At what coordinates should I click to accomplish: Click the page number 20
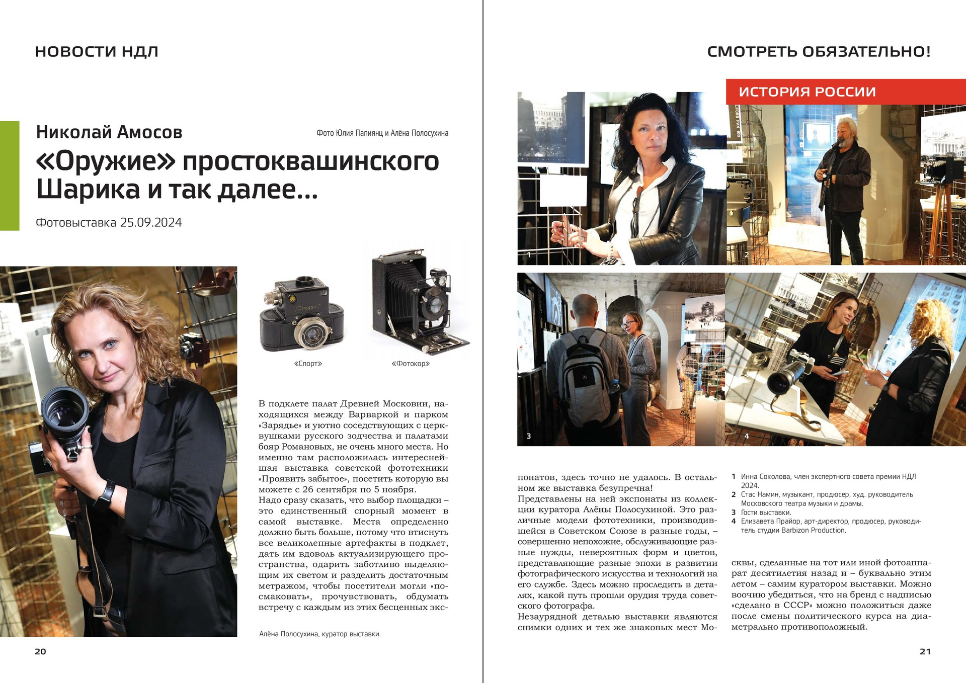(x=40, y=651)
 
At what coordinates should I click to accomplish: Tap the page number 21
(x=925, y=651)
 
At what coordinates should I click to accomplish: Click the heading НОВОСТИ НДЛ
(x=97, y=51)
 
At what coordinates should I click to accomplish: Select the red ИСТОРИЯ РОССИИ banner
(x=845, y=92)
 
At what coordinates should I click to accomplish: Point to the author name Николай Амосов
(x=109, y=132)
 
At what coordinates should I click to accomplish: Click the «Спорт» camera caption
(x=308, y=364)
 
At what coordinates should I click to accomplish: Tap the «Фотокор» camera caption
(x=411, y=364)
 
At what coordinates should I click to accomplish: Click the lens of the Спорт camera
(x=308, y=333)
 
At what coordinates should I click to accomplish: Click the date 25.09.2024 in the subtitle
(x=151, y=223)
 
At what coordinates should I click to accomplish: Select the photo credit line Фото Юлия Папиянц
(x=382, y=133)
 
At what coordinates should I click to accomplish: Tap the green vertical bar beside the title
(x=10, y=176)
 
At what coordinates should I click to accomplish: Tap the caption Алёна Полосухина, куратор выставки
(x=320, y=634)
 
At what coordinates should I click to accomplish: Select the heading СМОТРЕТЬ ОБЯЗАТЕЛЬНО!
(x=819, y=51)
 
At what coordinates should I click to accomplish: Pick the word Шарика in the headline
(x=88, y=190)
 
